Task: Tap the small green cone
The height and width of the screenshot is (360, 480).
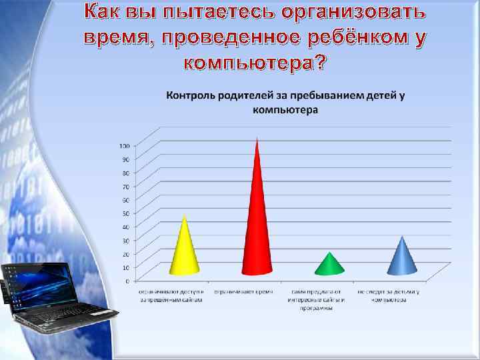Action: [x=329, y=265]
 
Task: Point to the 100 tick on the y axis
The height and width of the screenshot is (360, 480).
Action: [x=125, y=145]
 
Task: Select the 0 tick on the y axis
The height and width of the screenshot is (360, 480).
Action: [x=127, y=281]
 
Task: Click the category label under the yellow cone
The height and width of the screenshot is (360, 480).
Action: [x=171, y=296]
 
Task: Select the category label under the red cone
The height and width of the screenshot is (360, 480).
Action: [x=244, y=292]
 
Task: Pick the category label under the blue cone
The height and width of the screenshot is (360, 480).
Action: [x=389, y=296]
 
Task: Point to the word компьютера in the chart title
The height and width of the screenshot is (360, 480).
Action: [x=285, y=109]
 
